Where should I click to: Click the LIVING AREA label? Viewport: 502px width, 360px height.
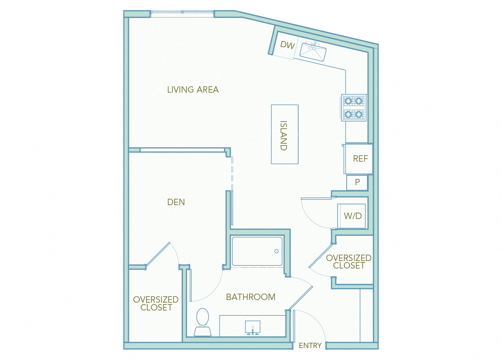193,90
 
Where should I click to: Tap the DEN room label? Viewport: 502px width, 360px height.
176,202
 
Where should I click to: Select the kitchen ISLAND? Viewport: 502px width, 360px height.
284,135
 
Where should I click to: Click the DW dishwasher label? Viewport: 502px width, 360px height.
287,45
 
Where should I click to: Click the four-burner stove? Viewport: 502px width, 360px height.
353,107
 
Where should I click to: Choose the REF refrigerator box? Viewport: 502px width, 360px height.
359,159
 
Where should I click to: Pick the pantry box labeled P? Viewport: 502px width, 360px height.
357,183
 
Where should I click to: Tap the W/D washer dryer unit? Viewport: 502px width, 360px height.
352,216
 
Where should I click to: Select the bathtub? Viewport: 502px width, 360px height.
257,251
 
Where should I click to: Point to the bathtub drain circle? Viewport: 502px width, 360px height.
276,251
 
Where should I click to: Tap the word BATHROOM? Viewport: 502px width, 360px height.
251,297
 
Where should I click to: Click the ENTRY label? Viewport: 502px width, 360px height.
310,345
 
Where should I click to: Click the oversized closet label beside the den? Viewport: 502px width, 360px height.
156,303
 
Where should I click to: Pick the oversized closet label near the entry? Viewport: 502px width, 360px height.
349,262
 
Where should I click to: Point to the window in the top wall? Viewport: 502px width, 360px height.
182,14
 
